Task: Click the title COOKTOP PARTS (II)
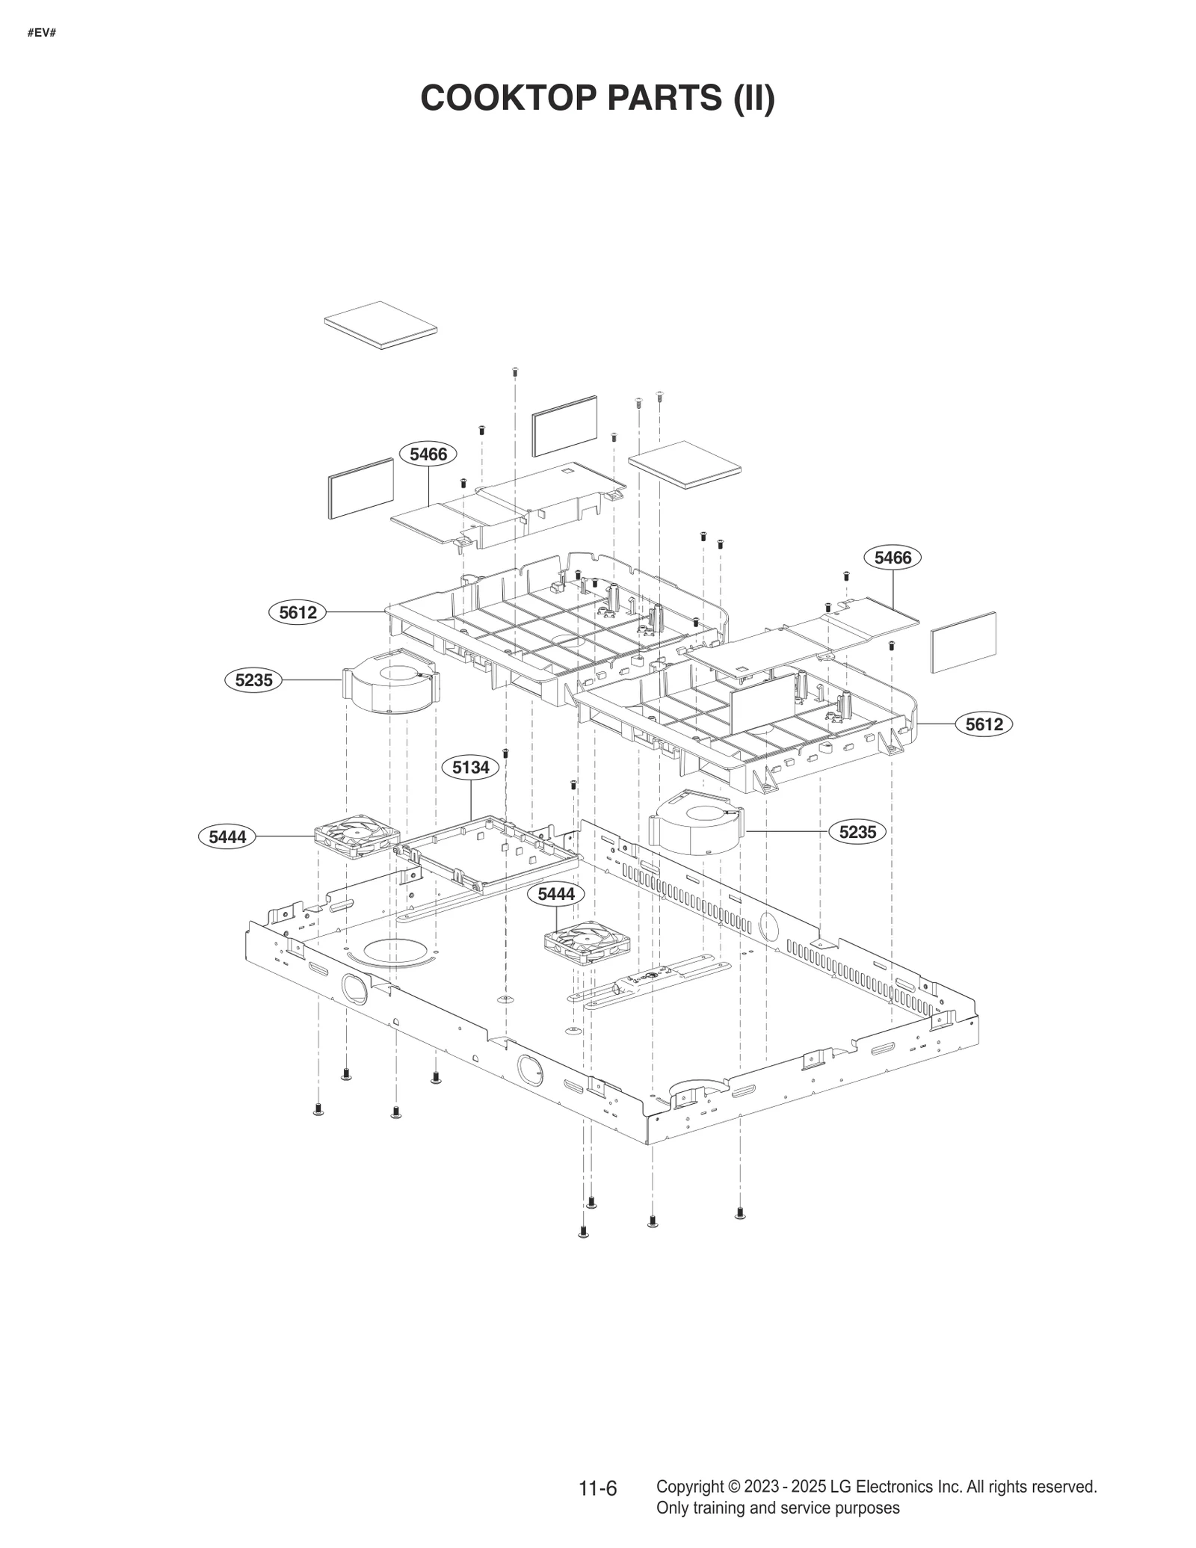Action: (597, 98)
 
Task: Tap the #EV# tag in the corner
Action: (42, 33)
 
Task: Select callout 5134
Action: (470, 767)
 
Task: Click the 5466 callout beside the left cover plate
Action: (428, 454)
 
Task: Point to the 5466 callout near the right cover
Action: (893, 558)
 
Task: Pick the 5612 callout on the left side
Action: (298, 612)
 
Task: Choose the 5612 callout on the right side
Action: (984, 724)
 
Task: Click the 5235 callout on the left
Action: (253, 680)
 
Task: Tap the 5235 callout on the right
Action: (857, 832)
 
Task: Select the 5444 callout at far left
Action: (227, 836)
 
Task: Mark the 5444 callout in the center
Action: (556, 894)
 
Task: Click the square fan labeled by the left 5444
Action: (357, 838)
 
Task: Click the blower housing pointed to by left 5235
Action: (391, 682)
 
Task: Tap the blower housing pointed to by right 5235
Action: (697, 823)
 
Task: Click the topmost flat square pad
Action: (380, 324)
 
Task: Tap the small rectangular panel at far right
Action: (964, 642)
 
